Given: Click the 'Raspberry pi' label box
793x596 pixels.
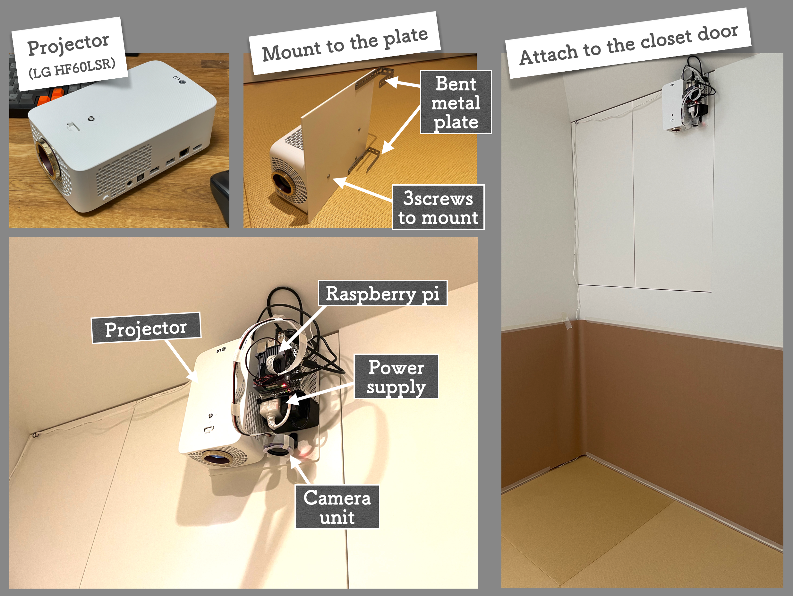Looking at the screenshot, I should coord(382,293).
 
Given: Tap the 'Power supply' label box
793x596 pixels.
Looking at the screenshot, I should coord(396,376).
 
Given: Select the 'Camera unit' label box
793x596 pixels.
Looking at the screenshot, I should coord(337,507).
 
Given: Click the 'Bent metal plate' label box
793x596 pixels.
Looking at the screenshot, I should coord(455,102).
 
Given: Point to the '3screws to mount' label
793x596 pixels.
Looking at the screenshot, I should coord(438,207).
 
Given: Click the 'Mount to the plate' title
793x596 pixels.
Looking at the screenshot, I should coord(345,44).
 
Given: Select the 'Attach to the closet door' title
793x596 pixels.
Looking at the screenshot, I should coord(628,44).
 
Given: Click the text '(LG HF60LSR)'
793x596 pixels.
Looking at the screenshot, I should coord(72,68).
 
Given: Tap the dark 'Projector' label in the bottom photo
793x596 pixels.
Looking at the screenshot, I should coord(146,328).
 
